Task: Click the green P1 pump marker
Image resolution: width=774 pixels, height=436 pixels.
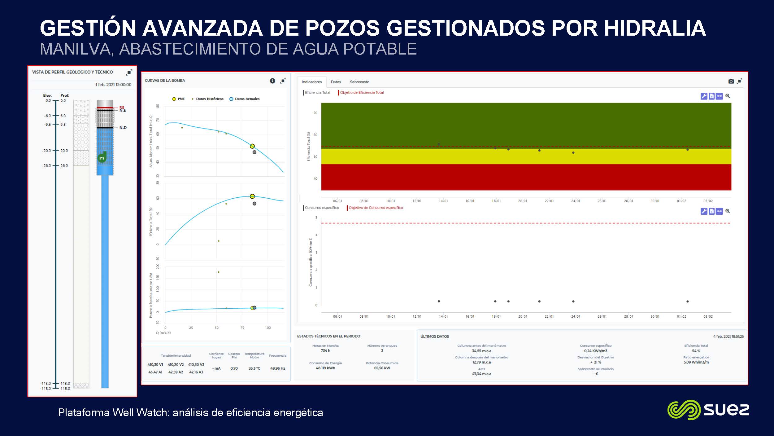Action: (102, 158)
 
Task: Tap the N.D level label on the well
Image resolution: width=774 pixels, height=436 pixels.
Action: (123, 128)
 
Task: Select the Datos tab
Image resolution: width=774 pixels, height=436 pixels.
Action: (336, 82)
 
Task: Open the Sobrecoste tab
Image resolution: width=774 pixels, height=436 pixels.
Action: (359, 82)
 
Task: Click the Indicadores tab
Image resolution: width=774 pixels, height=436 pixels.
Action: (311, 82)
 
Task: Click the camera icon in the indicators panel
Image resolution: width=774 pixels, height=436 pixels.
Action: (731, 81)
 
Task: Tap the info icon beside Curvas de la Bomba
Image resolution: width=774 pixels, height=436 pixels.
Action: (272, 81)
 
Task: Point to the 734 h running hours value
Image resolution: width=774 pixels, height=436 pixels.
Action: (325, 350)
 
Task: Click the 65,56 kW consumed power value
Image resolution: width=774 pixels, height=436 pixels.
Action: (382, 368)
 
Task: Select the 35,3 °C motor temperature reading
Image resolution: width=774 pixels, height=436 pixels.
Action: (254, 368)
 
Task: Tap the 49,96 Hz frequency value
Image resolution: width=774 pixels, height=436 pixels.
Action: (278, 368)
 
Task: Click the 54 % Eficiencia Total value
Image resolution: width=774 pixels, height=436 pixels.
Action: (696, 351)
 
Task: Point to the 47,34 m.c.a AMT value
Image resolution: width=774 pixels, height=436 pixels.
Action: (481, 374)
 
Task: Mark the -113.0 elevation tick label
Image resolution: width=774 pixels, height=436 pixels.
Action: (45, 384)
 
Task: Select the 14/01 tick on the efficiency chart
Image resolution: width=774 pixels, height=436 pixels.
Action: (443, 201)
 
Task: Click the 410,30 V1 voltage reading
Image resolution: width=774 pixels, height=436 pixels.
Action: (155, 365)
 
